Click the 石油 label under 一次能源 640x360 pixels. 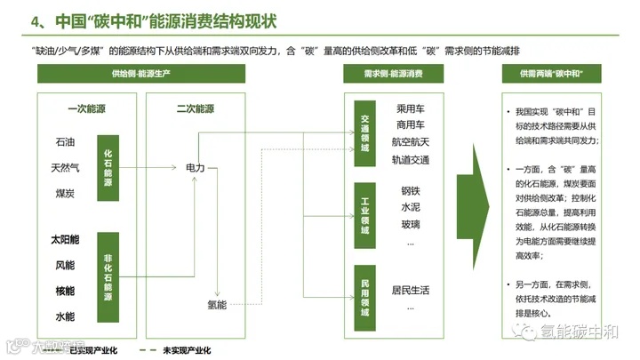click(65, 140)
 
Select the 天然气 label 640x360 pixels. click(68, 166)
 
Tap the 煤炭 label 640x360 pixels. click(65, 193)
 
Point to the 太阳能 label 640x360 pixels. click(68, 239)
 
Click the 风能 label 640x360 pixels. click(65, 265)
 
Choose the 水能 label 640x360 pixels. click(65, 316)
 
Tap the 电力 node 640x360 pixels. click(196, 167)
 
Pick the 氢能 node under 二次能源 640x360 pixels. click(217, 305)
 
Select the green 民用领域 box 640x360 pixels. click(364, 299)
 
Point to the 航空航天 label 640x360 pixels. click(411, 142)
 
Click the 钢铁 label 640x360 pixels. click(411, 190)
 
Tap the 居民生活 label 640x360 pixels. click(411, 290)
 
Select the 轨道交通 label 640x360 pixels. click(411, 160)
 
